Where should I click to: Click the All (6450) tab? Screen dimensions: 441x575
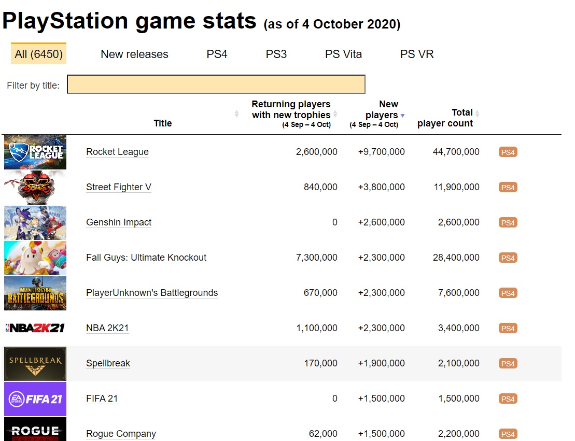pyautogui.click(x=38, y=54)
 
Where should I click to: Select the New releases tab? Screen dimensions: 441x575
pyautogui.click(x=134, y=54)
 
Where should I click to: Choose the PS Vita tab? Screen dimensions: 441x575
pyautogui.click(x=343, y=54)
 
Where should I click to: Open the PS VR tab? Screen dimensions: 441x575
pyautogui.click(x=417, y=54)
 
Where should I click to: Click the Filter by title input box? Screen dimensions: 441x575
pyautogui.click(x=216, y=84)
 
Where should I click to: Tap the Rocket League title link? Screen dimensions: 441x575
pyautogui.click(x=117, y=152)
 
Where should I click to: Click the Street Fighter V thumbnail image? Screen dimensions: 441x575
pyautogui.click(x=35, y=187)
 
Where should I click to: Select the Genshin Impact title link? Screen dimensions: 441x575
pyautogui.click(x=119, y=222)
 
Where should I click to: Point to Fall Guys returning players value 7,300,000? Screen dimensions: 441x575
pyautogui.click(x=316, y=258)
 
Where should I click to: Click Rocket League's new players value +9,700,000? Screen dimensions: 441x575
pyautogui.click(x=381, y=152)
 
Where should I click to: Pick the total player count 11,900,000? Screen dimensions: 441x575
pyautogui.click(x=456, y=187)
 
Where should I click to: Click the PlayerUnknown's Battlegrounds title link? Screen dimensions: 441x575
pyautogui.click(x=152, y=293)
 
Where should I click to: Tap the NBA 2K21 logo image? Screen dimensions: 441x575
pyautogui.click(x=35, y=328)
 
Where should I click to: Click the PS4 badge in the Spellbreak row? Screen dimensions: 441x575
pyautogui.click(x=508, y=364)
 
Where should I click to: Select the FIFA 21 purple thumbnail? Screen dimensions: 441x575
pyautogui.click(x=35, y=399)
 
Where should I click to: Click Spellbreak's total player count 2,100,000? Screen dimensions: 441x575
pyautogui.click(x=458, y=363)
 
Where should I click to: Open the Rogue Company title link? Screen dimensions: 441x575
pyautogui.click(x=121, y=434)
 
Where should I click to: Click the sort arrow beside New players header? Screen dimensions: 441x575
pyautogui.click(x=402, y=116)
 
